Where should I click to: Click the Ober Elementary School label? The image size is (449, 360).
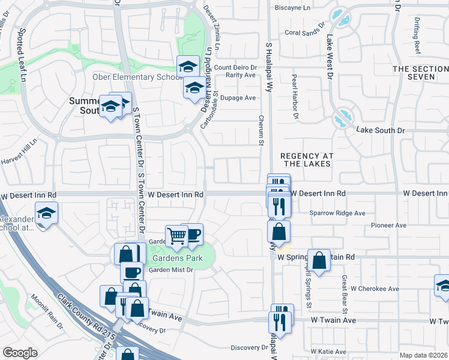[x=137, y=77]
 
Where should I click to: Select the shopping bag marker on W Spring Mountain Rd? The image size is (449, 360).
[x=319, y=260]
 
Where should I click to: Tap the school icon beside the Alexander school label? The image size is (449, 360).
[x=46, y=213]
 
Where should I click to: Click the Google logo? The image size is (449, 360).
[x=20, y=353]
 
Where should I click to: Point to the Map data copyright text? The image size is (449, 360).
[x=424, y=355]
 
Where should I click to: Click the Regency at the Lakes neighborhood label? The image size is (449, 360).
[x=306, y=160]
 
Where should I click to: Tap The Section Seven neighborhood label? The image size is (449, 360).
[x=420, y=73]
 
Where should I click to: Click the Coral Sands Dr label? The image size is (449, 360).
[x=304, y=33]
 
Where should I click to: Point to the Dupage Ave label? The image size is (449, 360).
[x=238, y=98]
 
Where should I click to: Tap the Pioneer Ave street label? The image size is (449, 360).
[x=388, y=226]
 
